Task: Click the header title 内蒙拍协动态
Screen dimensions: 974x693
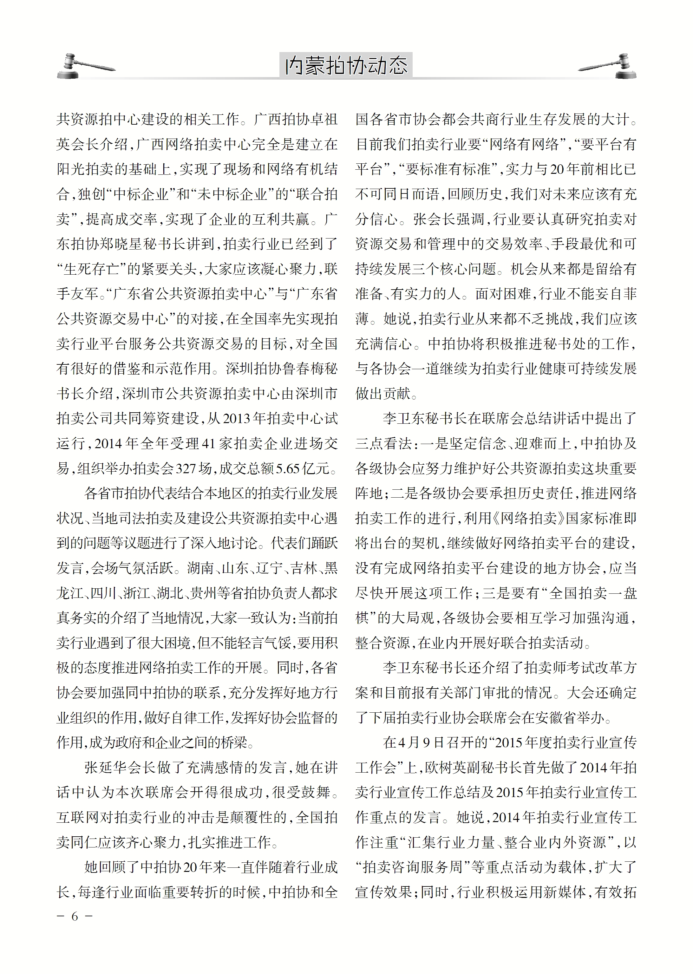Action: [346, 65]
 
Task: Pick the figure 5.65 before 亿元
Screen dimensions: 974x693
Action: [288, 468]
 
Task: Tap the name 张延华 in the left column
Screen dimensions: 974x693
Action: [106, 767]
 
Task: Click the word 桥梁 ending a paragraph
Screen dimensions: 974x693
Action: [233, 742]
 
